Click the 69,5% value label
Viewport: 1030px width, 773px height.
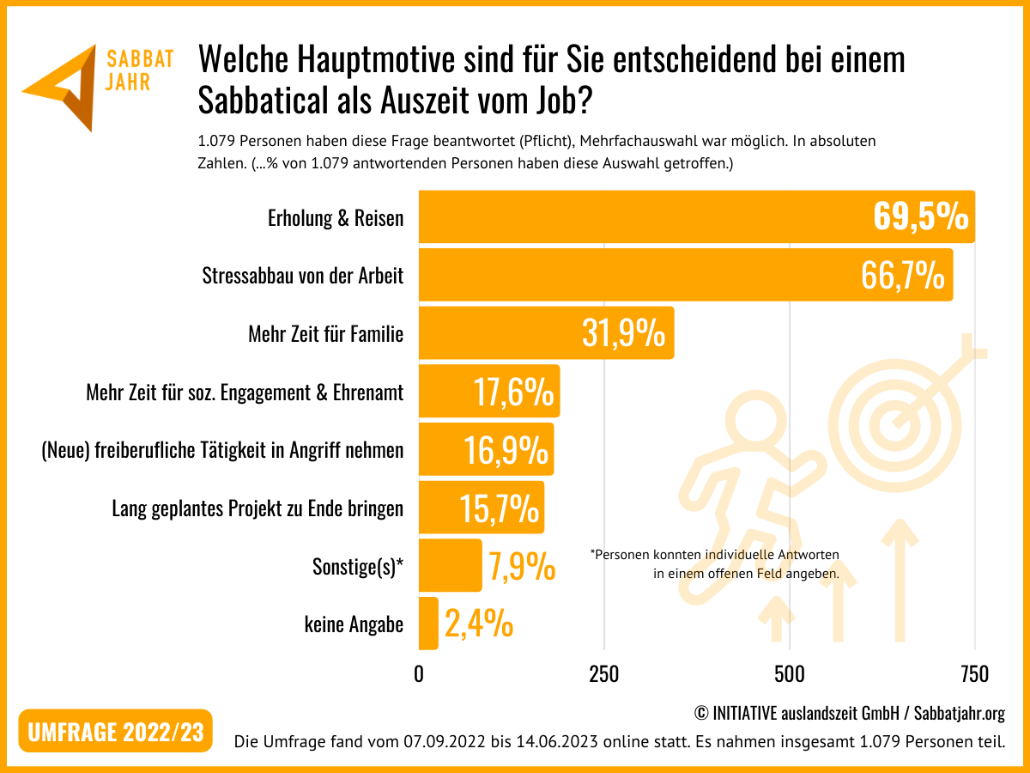(x=921, y=218)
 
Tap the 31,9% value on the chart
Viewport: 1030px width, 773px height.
(x=623, y=333)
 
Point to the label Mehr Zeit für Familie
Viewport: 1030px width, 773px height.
(x=325, y=333)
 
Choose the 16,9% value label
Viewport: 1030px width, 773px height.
(x=506, y=450)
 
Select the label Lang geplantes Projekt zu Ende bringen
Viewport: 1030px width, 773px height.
(x=257, y=508)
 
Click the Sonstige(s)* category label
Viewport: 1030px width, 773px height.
(x=358, y=567)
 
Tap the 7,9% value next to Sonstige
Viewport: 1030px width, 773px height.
(x=522, y=567)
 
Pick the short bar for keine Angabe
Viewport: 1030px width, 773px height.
(x=428, y=624)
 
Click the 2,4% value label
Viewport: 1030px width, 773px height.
(x=479, y=624)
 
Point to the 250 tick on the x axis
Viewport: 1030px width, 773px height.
(x=604, y=674)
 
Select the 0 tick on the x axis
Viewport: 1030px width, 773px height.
(x=419, y=674)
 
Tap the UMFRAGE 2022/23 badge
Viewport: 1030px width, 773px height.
(x=116, y=732)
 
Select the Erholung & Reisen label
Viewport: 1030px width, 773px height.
(x=336, y=218)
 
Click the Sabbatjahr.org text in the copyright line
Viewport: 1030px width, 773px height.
(x=959, y=713)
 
